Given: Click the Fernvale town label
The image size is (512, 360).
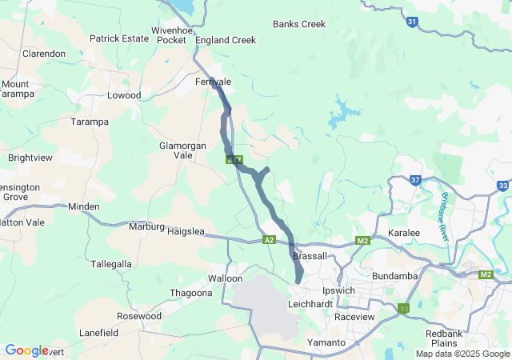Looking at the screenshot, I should pos(213,82).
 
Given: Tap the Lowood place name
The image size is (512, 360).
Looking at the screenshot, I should pos(124,95).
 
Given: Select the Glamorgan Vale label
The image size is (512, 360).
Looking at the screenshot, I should pos(183,150).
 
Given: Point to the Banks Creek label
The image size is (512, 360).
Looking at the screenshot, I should pos(298,24).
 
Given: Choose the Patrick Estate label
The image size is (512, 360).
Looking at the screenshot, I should pos(118,38).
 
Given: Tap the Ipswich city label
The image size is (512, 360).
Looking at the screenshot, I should pos(337,290).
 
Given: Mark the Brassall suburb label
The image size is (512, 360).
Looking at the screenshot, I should pos(310,256).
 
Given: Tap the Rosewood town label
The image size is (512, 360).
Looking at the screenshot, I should pos(138,316).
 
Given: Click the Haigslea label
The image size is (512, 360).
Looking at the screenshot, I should pos(186,231).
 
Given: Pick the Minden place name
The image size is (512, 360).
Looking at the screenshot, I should pos(84,206).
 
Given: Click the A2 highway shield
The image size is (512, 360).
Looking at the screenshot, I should pos(270,239).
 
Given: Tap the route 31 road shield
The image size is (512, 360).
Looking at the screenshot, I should pos(411,22).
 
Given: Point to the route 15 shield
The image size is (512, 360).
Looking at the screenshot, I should pos(403,307).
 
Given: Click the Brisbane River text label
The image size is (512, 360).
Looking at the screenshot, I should pos(446,217).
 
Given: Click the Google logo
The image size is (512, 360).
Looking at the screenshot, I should pos(26,350).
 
